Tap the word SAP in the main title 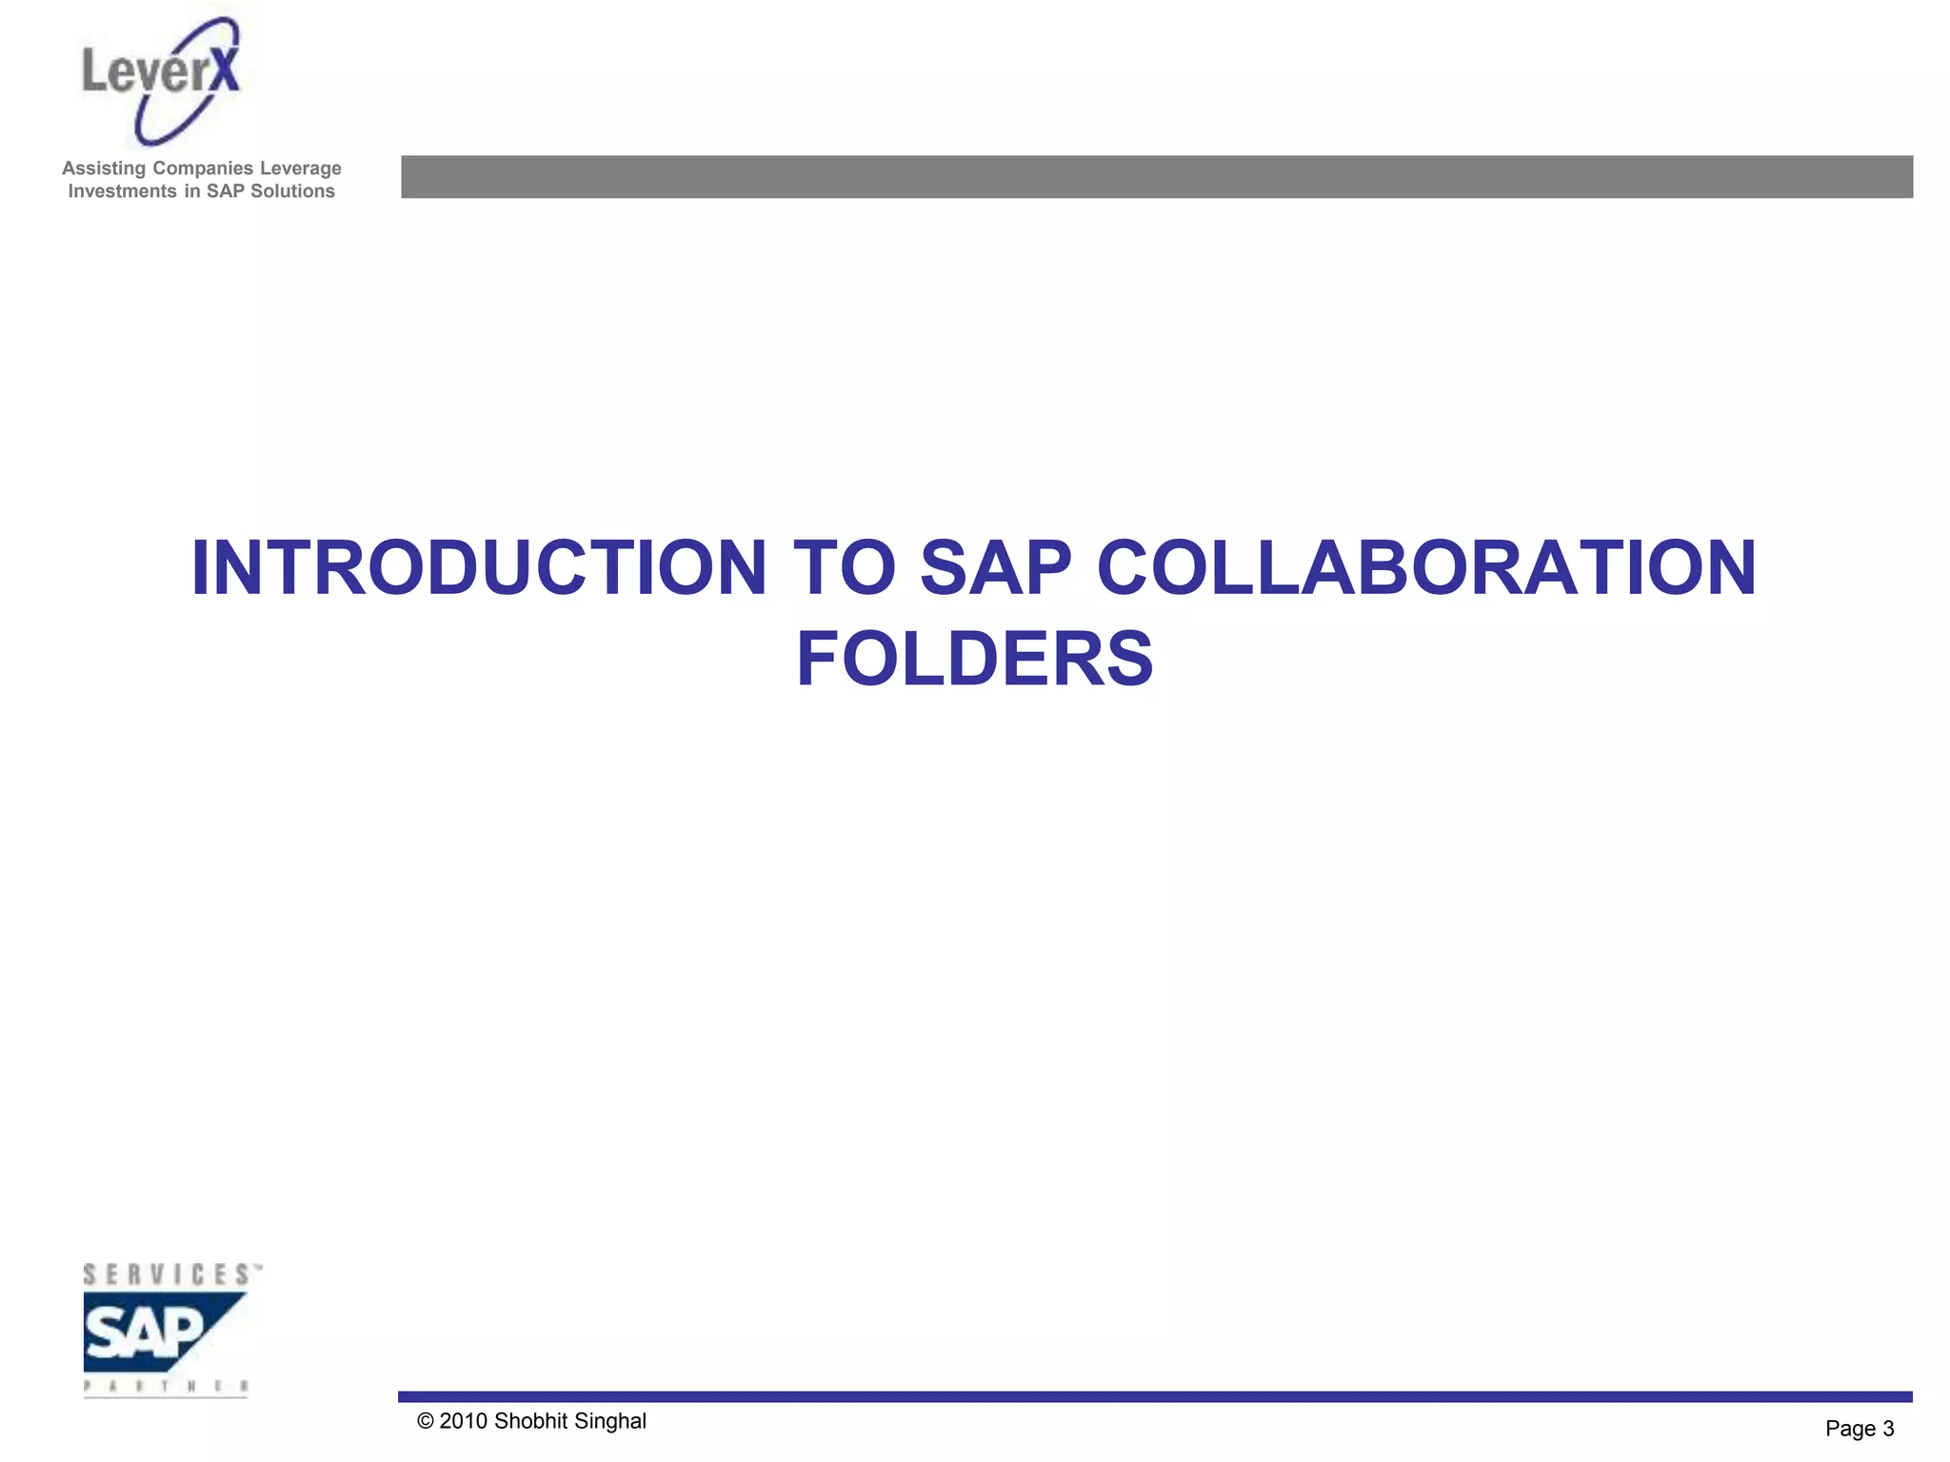click(996, 568)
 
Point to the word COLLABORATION click(1426, 568)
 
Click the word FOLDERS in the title click(974, 659)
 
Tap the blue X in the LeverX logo click(225, 70)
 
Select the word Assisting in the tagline click(105, 168)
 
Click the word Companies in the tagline click(204, 168)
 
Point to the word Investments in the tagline click(123, 191)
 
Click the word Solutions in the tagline click(292, 191)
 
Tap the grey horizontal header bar click(1156, 177)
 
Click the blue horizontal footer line click(1154, 1396)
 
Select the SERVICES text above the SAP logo click(168, 1274)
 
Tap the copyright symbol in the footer click(426, 1422)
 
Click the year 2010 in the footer click(463, 1422)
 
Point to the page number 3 click(1888, 1429)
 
